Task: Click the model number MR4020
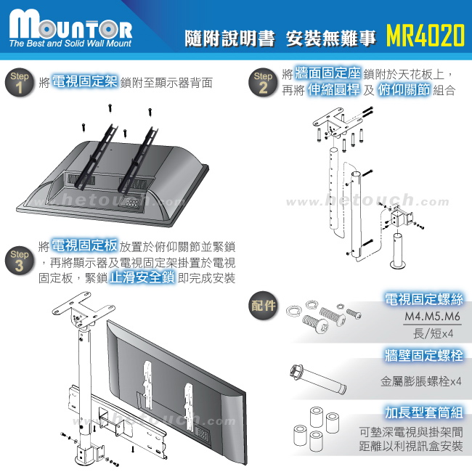pos(425,36)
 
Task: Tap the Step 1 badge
pos(20,82)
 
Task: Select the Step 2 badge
pos(262,83)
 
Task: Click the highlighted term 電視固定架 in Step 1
pos(85,81)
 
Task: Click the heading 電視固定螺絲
pos(423,299)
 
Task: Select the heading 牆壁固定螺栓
pos(423,356)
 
